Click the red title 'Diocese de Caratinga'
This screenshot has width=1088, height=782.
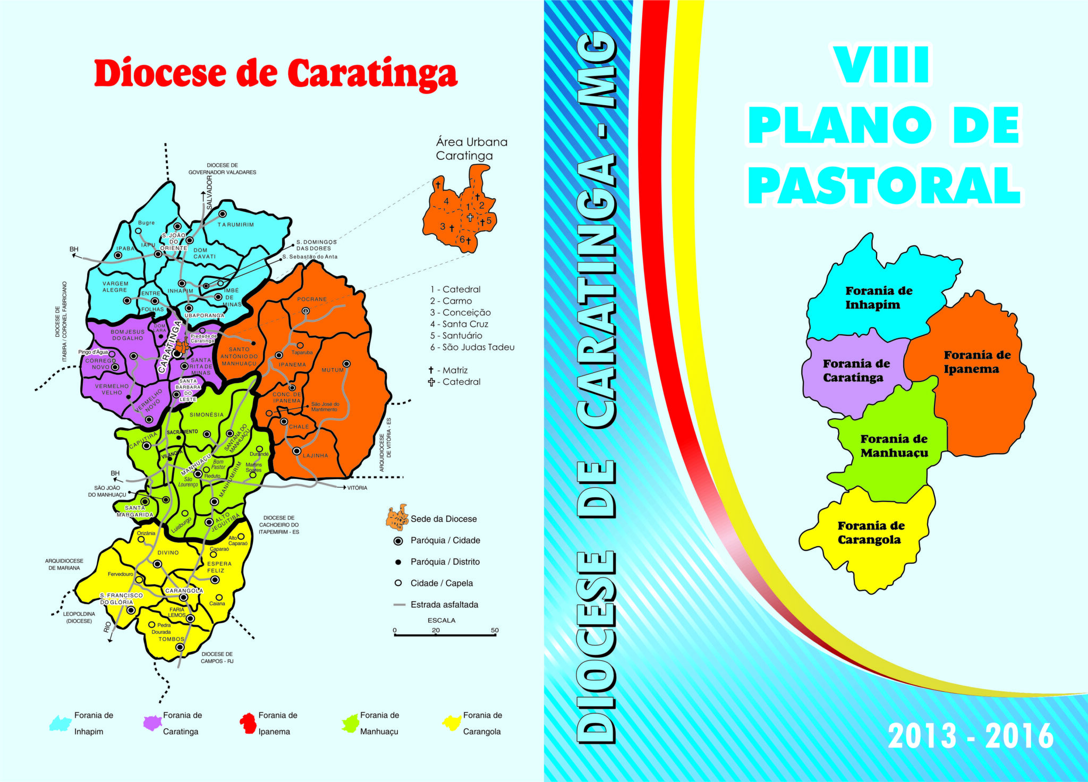pos(275,73)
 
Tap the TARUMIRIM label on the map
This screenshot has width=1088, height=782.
pos(235,225)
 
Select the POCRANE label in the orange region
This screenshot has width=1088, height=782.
pos(312,299)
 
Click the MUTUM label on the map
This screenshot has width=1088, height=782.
pos(333,370)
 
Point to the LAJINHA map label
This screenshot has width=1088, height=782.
pos(316,456)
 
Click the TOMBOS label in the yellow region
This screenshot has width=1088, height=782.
pos(171,639)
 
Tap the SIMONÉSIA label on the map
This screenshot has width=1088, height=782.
pos(207,415)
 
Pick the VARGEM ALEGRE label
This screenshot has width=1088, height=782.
pos(115,287)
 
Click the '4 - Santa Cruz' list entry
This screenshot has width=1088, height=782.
pos(459,324)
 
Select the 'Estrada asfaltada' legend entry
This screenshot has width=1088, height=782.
pos(444,605)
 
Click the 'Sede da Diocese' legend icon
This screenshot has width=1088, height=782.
pos(396,518)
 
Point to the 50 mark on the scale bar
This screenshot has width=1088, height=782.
pos(495,631)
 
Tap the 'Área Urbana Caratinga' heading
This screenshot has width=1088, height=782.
pos(471,149)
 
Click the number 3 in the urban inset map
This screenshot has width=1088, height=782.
pos(443,226)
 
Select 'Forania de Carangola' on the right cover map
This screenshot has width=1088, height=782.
pos(871,532)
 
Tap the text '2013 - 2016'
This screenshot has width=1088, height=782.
pos(970,736)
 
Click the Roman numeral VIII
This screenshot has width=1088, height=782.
pos(882,65)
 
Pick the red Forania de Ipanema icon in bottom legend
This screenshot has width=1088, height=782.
pos(248,723)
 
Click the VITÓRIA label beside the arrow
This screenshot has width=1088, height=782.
pos(357,488)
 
